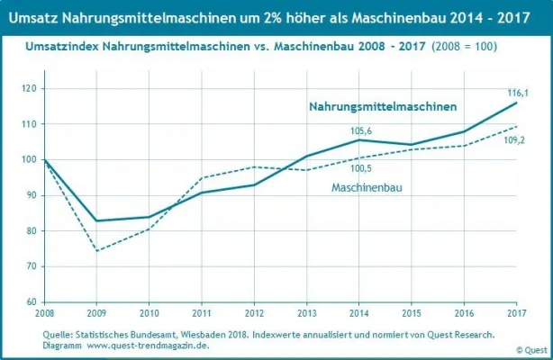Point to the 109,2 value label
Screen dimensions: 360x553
pos(514,141)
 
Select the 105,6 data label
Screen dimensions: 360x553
pos(359,129)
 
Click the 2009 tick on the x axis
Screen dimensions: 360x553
pos(96,313)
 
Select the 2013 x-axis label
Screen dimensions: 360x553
pos(306,313)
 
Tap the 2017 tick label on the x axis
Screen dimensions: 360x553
pos(515,313)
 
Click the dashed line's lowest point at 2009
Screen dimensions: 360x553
pos(96,250)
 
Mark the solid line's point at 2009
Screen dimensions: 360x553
pos(96,220)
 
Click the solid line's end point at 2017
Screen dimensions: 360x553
pos(516,103)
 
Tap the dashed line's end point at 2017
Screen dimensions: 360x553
pos(516,127)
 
